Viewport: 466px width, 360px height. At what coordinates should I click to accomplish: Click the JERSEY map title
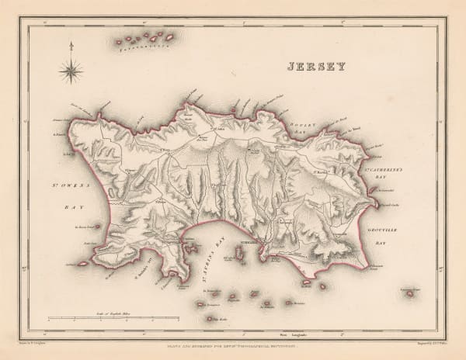(315, 67)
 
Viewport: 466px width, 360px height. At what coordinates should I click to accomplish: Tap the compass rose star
(71, 72)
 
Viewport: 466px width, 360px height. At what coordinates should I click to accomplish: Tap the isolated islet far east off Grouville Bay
(409, 294)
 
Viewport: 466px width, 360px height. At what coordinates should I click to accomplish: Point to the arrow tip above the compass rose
(71, 44)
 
